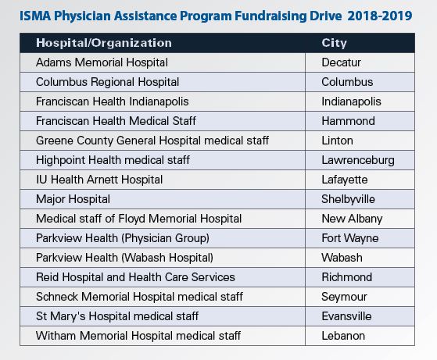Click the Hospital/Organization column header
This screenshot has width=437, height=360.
point(104,43)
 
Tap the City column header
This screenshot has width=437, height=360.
point(334,43)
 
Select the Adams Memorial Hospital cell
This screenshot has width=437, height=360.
point(102,62)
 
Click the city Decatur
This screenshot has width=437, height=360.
point(341,62)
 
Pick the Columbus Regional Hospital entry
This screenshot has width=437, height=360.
point(107,82)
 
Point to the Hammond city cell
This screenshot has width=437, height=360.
point(348,121)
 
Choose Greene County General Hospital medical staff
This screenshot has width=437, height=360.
point(152,141)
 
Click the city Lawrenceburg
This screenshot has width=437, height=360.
point(358,160)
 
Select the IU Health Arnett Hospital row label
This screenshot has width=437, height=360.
point(99,180)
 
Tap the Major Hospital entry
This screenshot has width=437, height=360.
point(73,199)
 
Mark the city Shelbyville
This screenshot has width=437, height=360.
point(348,199)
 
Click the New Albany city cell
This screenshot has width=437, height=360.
point(352,219)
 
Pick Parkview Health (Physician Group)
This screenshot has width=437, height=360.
point(123,238)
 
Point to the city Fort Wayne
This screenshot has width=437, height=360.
point(350,238)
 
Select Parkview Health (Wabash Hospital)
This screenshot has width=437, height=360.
point(124,258)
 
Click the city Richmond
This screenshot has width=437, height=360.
point(346,277)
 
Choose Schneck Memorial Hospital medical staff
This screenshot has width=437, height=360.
point(139,297)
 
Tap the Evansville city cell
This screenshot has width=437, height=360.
point(346,316)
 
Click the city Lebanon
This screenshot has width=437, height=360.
point(343,336)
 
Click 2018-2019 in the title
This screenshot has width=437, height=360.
point(380,16)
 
